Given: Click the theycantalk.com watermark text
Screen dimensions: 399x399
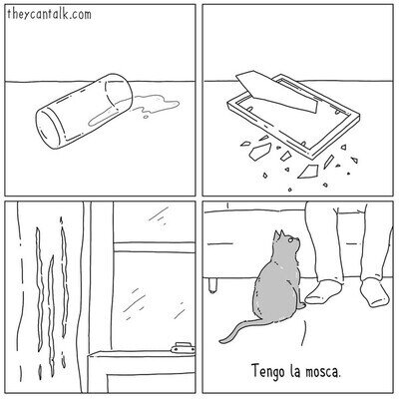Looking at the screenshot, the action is tap(49, 15).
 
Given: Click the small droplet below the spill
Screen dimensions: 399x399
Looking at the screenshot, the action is tap(146, 117).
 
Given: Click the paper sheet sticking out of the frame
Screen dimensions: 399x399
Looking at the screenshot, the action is tap(276, 92).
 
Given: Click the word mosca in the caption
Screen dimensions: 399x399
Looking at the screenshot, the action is tap(324, 371).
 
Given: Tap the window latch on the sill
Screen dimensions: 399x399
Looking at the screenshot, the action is tap(183, 348).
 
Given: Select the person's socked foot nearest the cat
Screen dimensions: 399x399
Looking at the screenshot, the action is tap(323, 292).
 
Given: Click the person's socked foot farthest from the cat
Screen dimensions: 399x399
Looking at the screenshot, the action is tap(374, 292).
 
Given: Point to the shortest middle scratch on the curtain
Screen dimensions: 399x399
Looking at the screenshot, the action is tap(51, 316).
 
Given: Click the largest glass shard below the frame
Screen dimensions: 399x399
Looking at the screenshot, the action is tap(308, 171).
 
